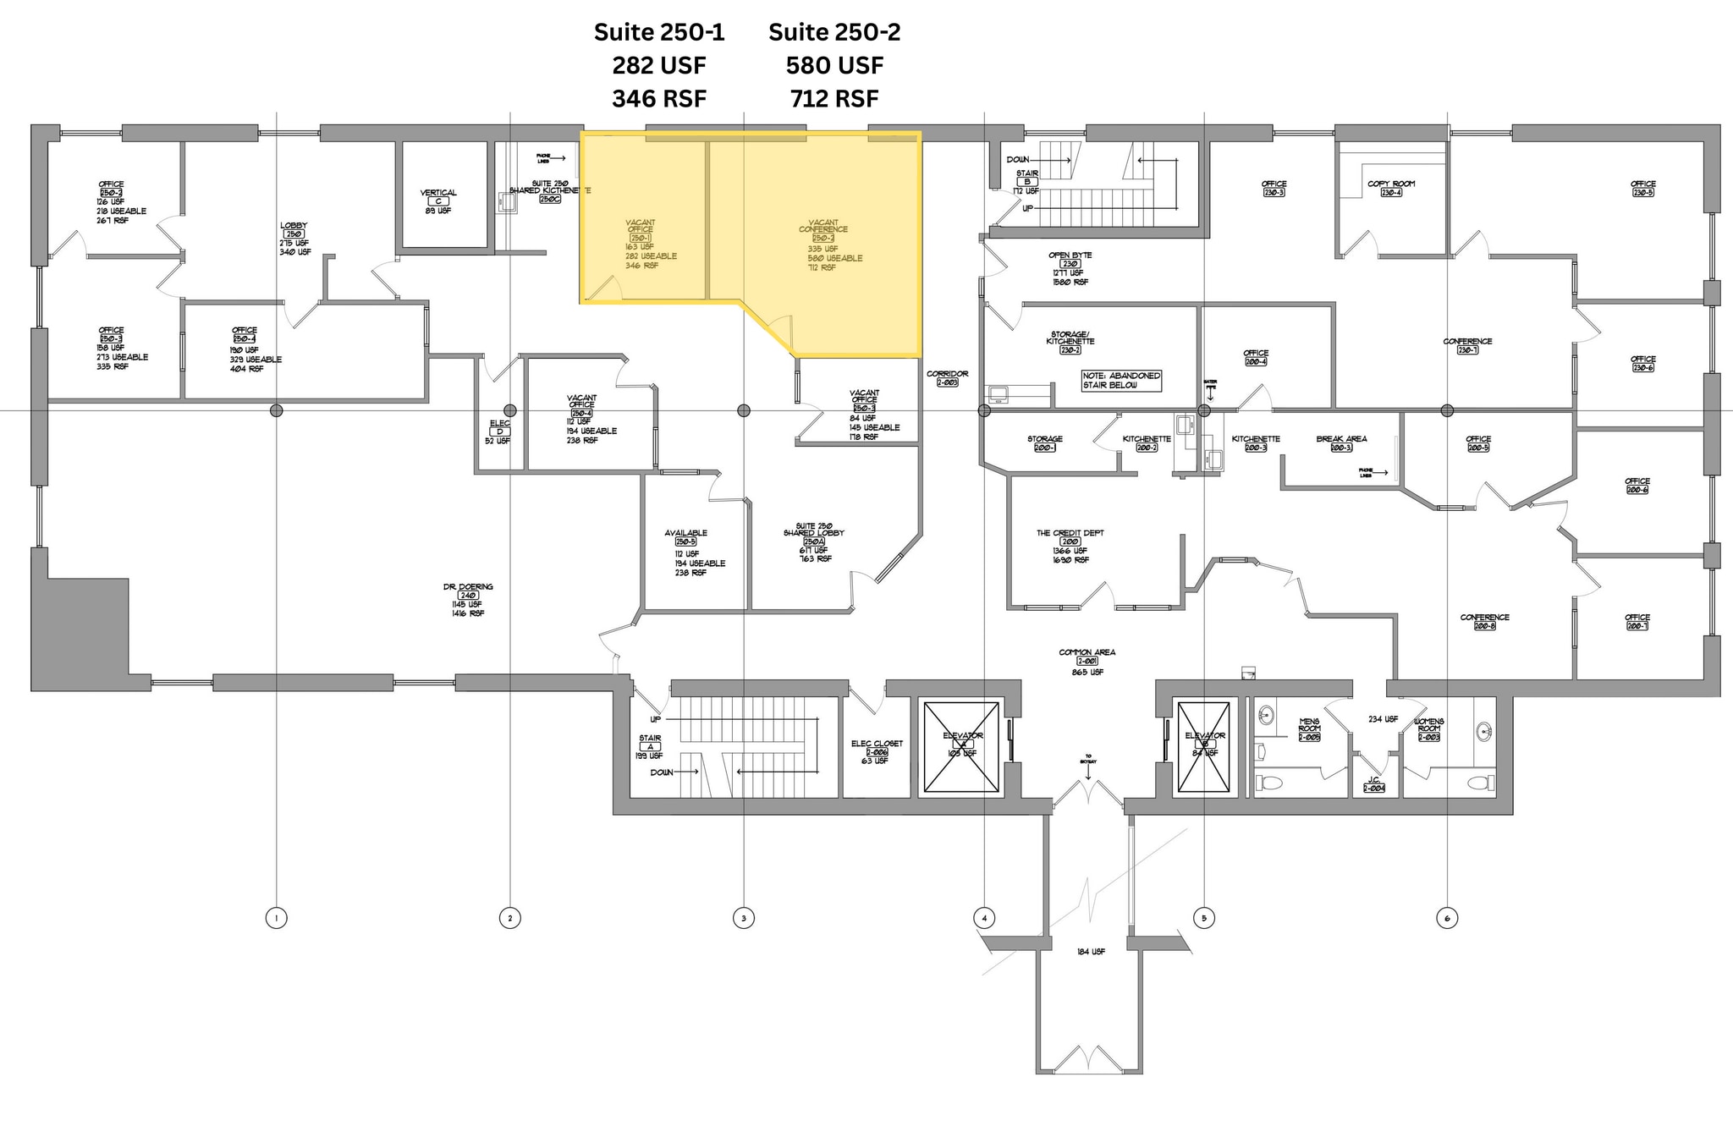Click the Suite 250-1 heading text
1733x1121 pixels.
point(659,32)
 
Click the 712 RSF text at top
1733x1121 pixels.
point(834,99)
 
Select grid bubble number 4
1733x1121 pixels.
point(983,917)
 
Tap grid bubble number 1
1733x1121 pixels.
point(276,917)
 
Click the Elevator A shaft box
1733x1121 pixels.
point(962,748)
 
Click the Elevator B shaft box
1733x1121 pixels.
point(1204,748)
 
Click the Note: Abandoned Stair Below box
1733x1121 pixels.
point(1121,380)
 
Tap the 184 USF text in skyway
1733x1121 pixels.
point(1091,952)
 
